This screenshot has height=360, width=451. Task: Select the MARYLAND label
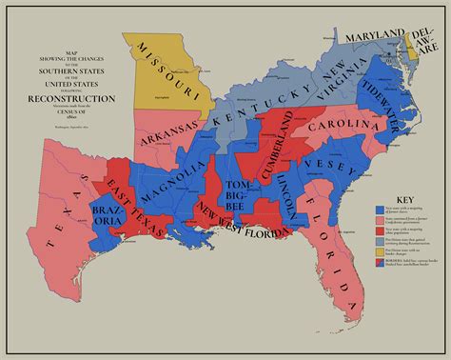pyautogui.click(x=374, y=35)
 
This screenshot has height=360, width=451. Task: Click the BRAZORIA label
pyautogui.click(x=107, y=215)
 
